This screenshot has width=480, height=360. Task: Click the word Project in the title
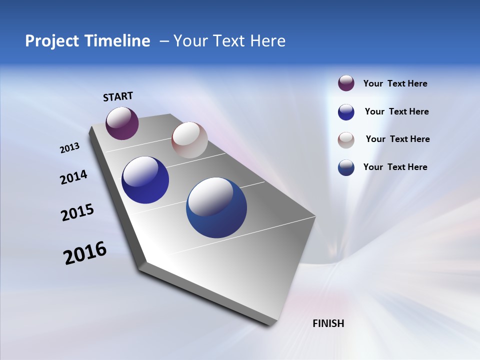(49, 41)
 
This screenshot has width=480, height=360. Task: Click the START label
(118, 96)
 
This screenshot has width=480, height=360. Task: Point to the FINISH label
(328, 323)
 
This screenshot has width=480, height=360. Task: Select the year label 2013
(69, 148)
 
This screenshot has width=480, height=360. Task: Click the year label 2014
(73, 177)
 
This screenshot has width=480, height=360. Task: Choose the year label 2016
(85, 253)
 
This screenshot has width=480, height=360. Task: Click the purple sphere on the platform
(122, 123)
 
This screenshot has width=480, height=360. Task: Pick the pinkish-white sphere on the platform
(189, 140)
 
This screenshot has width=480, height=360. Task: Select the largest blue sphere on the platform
(216, 207)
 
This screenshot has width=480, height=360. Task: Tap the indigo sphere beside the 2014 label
(145, 180)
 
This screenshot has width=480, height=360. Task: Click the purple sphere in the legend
(346, 83)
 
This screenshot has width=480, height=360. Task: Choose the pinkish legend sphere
(346, 139)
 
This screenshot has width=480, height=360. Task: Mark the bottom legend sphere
(346, 167)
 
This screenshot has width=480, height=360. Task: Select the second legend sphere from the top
(346, 112)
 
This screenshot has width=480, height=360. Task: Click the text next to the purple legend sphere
(395, 84)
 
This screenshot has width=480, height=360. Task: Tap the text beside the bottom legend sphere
(395, 167)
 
